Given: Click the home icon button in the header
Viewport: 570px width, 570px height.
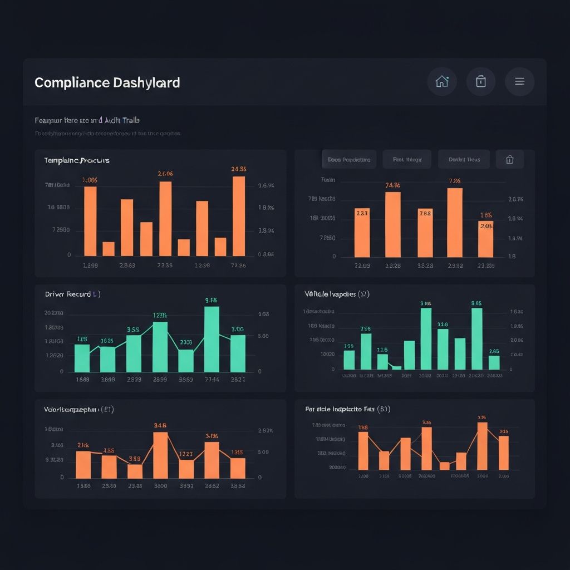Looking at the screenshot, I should pyautogui.click(x=442, y=81).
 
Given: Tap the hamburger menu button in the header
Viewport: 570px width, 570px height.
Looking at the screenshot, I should pyautogui.click(x=519, y=81).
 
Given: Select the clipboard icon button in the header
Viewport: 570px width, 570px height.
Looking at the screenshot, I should pyautogui.click(x=481, y=81).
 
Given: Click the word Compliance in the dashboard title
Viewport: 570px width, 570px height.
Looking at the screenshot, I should pyautogui.click(x=72, y=83).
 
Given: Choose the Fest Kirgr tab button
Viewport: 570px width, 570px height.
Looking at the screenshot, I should pyautogui.click(x=407, y=159).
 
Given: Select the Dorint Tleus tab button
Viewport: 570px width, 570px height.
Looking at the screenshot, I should pyautogui.click(x=464, y=159).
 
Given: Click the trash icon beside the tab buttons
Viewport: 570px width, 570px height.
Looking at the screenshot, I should pyautogui.click(x=509, y=160).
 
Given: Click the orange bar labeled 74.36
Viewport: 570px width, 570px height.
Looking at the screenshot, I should pyautogui.click(x=392, y=224).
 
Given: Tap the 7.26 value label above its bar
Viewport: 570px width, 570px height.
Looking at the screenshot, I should pyautogui.click(x=455, y=181).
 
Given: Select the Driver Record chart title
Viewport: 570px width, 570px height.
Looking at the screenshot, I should pyautogui.click(x=68, y=294).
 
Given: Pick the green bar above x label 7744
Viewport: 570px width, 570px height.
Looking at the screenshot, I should pyautogui.click(x=212, y=339).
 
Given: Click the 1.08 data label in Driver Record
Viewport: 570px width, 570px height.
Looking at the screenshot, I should pyautogui.click(x=82, y=338).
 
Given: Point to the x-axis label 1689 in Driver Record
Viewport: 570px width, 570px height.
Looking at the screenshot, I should pyautogui.click(x=82, y=379).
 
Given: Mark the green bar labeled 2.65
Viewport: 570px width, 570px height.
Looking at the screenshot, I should pyautogui.click(x=494, y=362).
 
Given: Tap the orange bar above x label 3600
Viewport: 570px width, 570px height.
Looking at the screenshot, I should pyautogui.click(x=160, y=455).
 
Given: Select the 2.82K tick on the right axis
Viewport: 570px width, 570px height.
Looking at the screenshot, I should pyautogui.click(x=265, y=431).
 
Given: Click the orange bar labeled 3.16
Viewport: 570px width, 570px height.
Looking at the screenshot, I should pyautogui.click(x=482, y=446).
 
